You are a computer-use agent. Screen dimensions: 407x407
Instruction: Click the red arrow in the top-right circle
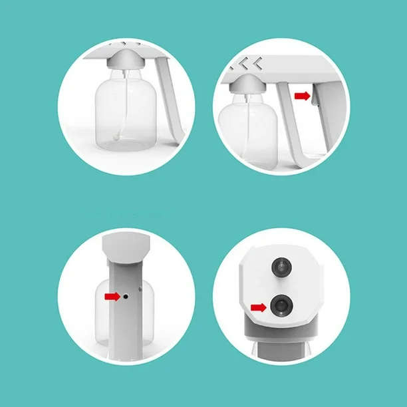click(x=302, y=96)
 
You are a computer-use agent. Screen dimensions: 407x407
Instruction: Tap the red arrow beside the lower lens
click(x=259, y=307)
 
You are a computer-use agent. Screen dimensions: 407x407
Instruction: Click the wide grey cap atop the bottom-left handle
click(x=127, y=245)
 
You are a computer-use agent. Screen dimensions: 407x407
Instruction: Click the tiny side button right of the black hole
click(x=138, y=289)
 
